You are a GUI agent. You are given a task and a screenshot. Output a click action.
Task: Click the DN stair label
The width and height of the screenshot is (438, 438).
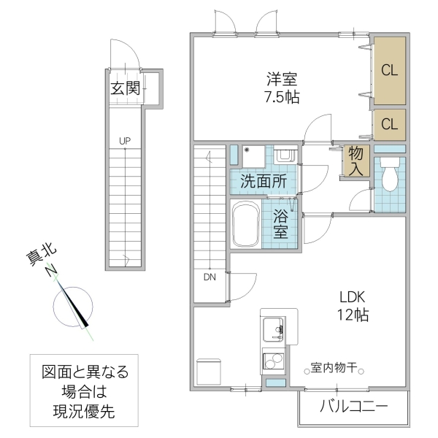[x=210, y=277]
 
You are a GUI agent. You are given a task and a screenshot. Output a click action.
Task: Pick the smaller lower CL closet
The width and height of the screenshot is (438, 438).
[x=389, y=124]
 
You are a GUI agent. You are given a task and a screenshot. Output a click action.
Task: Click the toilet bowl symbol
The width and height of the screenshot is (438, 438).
[x=389, y=176]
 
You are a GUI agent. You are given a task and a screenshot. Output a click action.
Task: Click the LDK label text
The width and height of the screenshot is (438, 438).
[x=353, y=297]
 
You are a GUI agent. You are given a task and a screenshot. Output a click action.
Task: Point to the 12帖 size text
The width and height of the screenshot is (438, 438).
[x=353, y=315]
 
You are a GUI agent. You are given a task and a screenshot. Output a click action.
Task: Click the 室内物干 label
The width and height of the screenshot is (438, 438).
[x=333, y=368]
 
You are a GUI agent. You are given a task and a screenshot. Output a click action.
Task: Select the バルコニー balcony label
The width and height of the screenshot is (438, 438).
[x=353, y=406]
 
